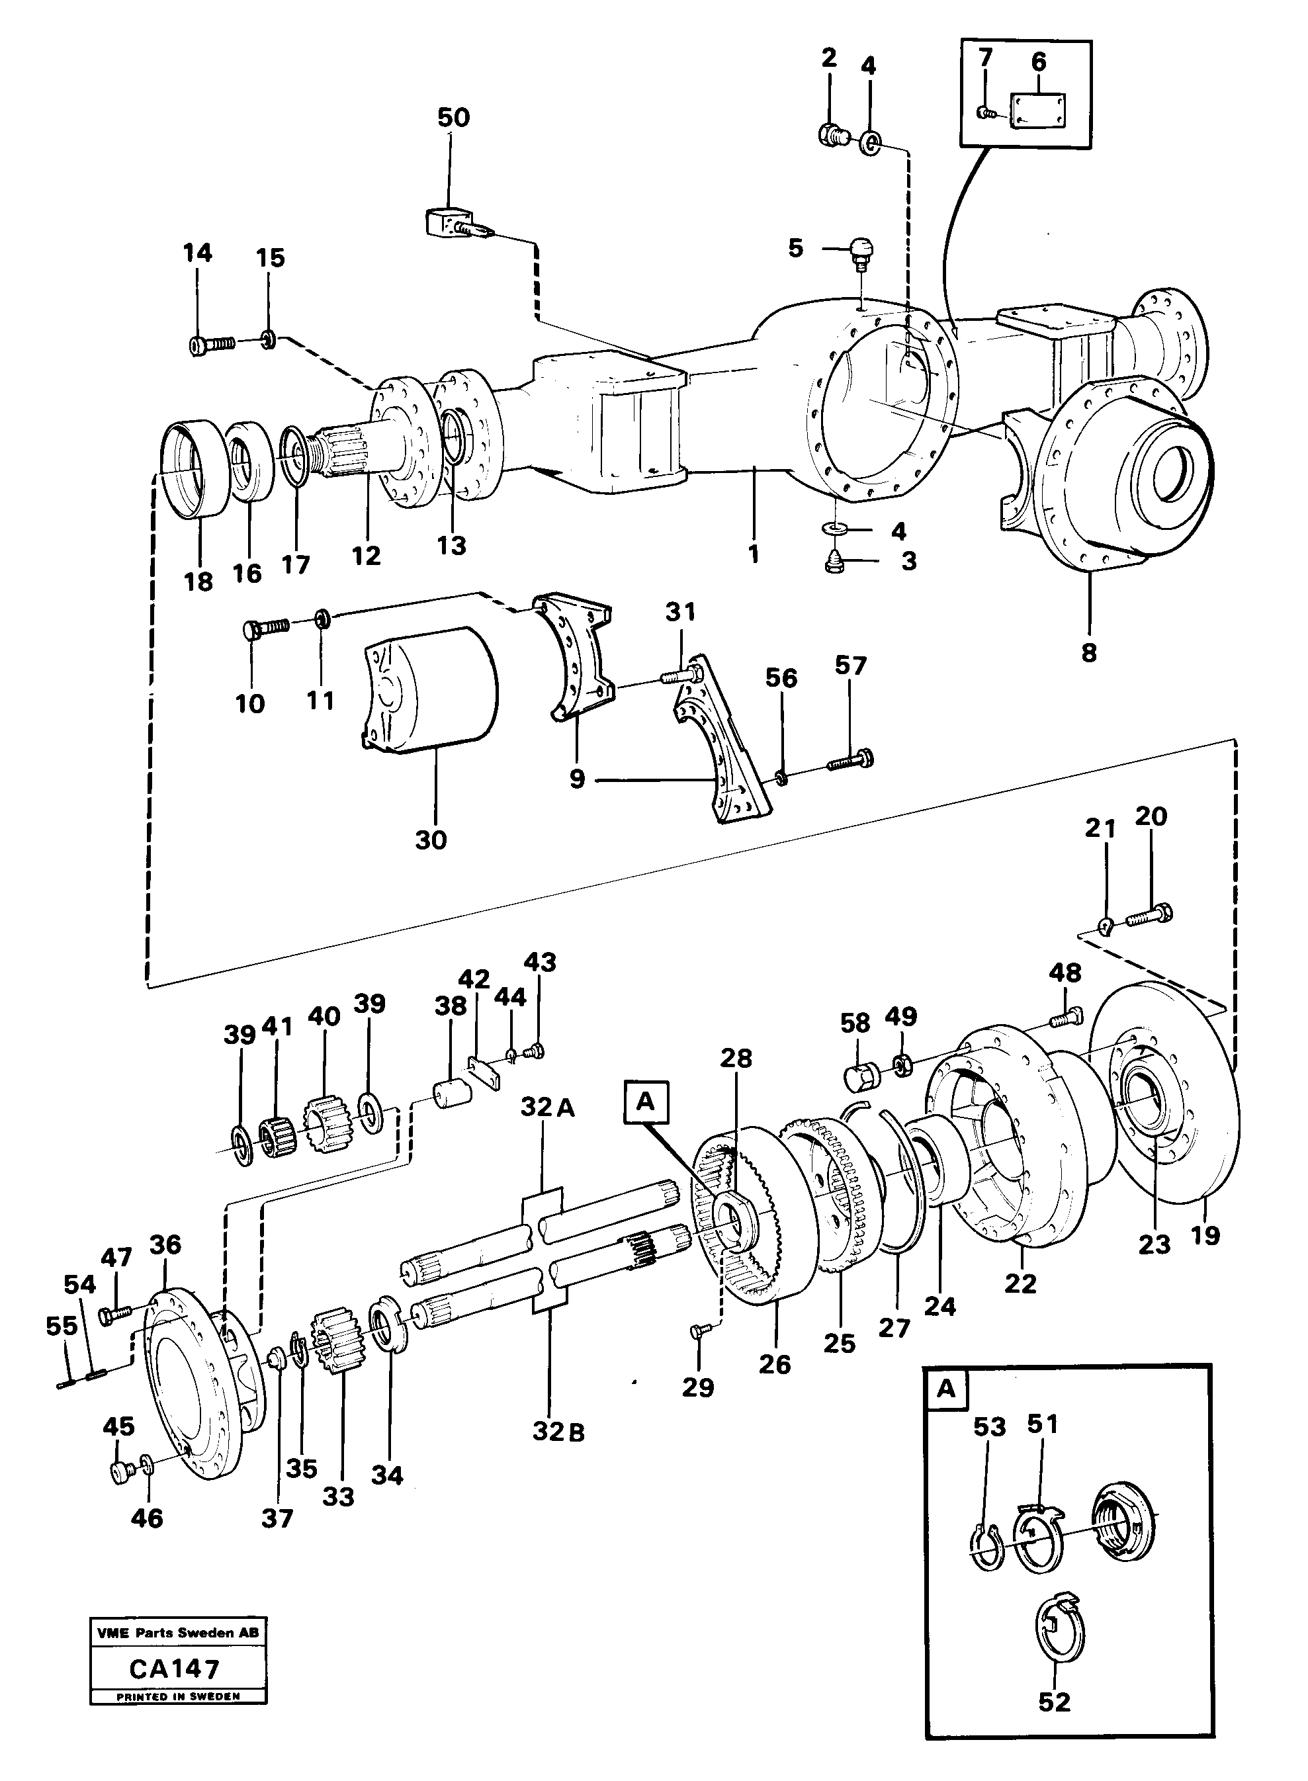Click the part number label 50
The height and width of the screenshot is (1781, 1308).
click(453, 117)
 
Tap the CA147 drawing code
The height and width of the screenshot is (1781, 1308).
click(174, 1670)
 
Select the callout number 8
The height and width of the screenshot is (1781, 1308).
click(1089, 653)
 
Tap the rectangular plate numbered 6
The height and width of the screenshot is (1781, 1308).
click(1038, 110)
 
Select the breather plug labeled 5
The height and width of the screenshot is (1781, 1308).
click(861, 250)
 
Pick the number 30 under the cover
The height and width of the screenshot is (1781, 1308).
click(431, 840)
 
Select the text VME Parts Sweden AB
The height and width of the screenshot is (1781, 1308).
click(177, 1633)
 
